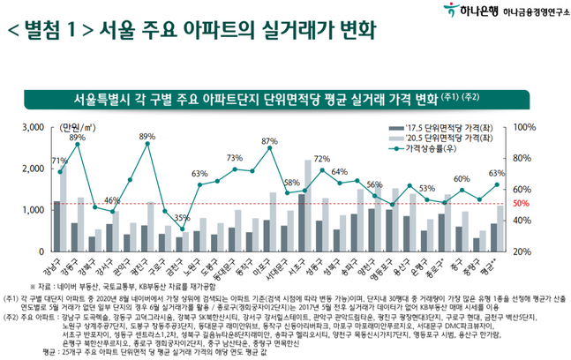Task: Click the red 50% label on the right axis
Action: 522,204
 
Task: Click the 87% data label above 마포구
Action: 269,140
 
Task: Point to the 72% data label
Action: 322,159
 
